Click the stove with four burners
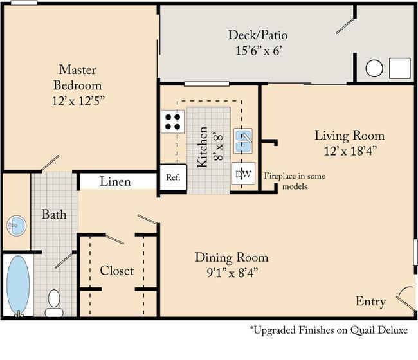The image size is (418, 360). [x=172, y=122]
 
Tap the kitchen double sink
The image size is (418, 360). [x=243, y=141]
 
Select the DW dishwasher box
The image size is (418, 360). [x=243, y=173]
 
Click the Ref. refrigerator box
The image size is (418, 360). [x=173, y=177]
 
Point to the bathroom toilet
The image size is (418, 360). [x=54, y=303]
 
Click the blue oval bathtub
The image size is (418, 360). [x=18, y=285]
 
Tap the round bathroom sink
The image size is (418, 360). [x=17, y=226]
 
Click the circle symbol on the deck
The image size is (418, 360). [x=374, y=68]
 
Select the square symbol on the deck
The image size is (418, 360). [x=399, y=68]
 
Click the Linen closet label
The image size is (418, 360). [x=115, y=181]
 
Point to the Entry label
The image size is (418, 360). [x=370, y=301]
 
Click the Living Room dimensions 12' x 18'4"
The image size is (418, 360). [x=350, y=151]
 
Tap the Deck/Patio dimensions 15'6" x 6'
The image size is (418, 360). [x=258, y=50]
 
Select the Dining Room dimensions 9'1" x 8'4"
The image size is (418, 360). [x=232, y=273]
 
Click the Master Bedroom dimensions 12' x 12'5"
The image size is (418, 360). [x=78, y=101]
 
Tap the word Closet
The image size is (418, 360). [x=117, y=271]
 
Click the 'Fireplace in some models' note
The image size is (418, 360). [x=295, y=181]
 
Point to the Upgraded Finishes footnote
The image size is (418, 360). [x=329, y=330]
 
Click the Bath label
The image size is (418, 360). [x=54, y=214]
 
